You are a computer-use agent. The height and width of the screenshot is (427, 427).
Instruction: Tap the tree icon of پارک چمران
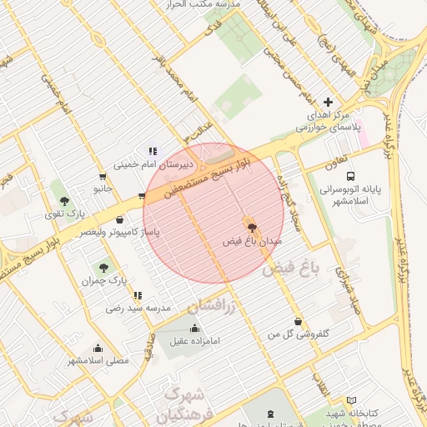103,268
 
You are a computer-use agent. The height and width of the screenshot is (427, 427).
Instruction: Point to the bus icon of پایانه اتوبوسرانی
350,177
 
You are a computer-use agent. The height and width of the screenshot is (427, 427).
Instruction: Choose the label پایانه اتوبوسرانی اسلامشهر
360,195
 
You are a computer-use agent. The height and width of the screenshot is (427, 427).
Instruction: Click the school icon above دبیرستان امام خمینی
152,151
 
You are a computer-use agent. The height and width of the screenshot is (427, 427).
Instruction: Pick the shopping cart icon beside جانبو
103,177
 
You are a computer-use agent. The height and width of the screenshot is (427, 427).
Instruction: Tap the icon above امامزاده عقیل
196,327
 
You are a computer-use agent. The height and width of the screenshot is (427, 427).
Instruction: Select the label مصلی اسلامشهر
98,361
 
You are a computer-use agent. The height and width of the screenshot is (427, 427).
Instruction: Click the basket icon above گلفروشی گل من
298,321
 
